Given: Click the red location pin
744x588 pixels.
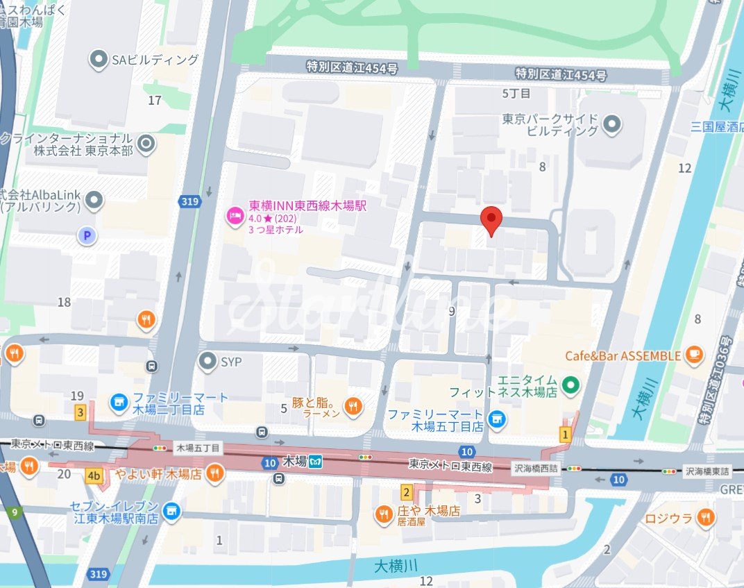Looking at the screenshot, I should tap(491, 220).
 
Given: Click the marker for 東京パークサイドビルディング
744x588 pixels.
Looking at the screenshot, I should tap(611, 125).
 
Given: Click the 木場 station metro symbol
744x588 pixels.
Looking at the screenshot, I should tap(316, 461).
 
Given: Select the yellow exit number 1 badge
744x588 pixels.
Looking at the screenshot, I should tap(566, 435).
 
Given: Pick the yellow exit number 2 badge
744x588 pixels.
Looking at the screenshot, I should tap(406, 492).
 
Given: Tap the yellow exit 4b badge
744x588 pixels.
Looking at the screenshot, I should tap(94, 476).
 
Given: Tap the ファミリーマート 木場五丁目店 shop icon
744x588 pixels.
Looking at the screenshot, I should tap(496, 419).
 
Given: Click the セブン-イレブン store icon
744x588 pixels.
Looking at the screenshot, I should tap(171, 512).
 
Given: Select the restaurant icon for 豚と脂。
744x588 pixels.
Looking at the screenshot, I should tap(353, 406).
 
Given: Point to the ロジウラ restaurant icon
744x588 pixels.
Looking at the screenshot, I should tap(706, 516).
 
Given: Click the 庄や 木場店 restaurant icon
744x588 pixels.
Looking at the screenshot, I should tap(382, 514).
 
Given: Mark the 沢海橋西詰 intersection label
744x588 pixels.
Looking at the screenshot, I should tap(535, 469).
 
